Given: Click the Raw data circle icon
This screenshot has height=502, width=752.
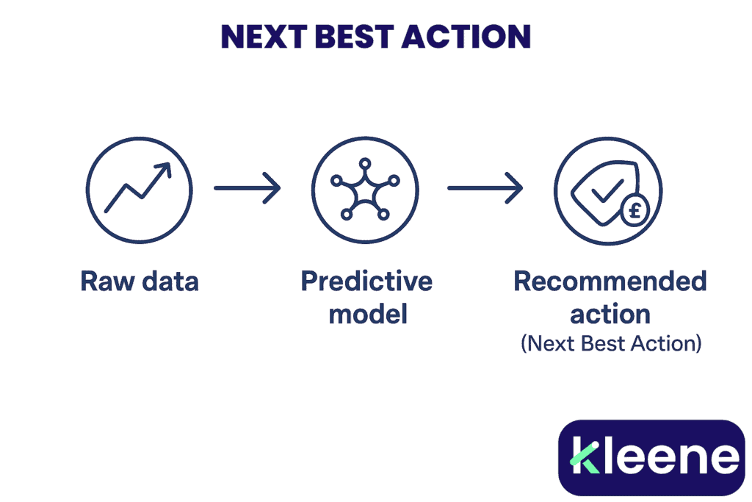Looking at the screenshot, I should coord(139,189).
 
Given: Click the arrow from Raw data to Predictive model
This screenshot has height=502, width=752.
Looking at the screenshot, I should coord(247,188).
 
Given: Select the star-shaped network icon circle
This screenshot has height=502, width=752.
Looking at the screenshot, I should coord(365,189).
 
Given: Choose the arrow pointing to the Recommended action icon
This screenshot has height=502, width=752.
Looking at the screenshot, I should coord(485,189).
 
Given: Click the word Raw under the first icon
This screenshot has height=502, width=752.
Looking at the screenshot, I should coord(105,282).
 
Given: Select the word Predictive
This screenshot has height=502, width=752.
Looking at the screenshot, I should coord(366,282).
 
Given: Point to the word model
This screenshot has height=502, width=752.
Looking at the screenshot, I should coord(366,315).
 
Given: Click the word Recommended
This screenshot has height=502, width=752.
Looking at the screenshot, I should coord(610,282).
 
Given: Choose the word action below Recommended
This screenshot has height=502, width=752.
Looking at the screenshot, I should coord(610,315).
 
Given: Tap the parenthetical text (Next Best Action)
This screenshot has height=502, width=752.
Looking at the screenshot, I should coord(610,343).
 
